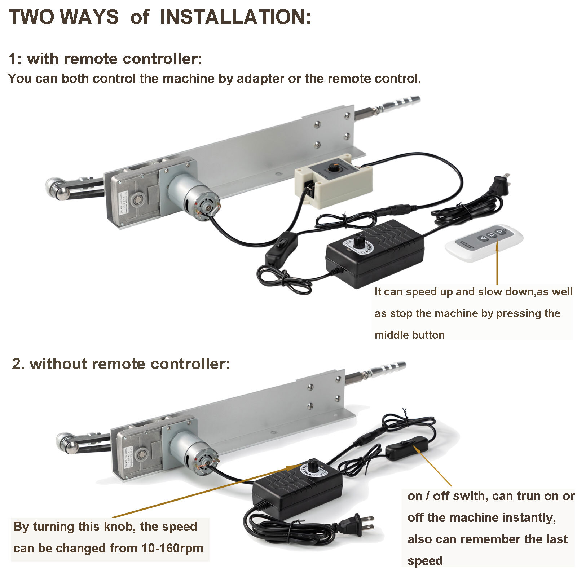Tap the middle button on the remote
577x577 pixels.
pyautogui.click(x=492, y=235)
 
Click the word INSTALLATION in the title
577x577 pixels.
pyautogui.click(x=235, y=17)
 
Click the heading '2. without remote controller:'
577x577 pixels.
pyautogui.click(x=121, y=364)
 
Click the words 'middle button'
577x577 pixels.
pyautogui.click(x=409, y=335)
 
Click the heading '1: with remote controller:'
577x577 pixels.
pyautogui.click(x=105, y=59)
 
